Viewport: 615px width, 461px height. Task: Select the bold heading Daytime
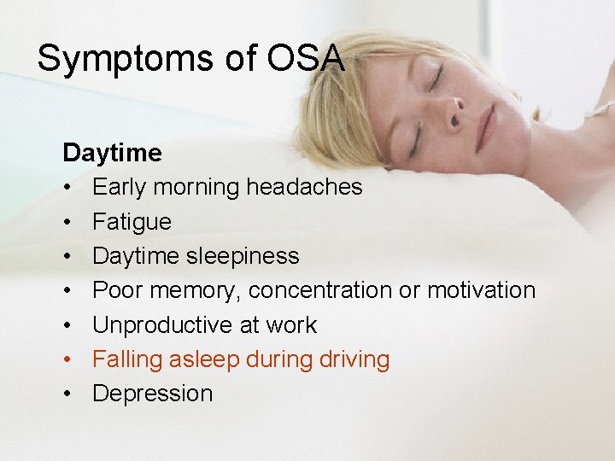click(x=112, y=153)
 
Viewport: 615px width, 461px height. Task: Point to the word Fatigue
click(x=132, y=222)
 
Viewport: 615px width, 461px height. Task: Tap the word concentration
click(x=321, y=290)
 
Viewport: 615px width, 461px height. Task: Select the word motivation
click(x=481, y=290)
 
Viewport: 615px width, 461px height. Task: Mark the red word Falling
click(x=122, y=359)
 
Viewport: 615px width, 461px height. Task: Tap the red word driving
click(x=354, y=360)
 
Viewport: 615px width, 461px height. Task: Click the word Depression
click(x=152, y=394)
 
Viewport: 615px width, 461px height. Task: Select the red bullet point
click(x=68, y=359)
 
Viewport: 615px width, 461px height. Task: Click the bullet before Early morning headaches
click(x=68, y=187)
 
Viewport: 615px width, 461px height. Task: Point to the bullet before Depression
click(x=68, y=394)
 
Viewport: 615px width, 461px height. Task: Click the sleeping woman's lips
click(x=486, y=126)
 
